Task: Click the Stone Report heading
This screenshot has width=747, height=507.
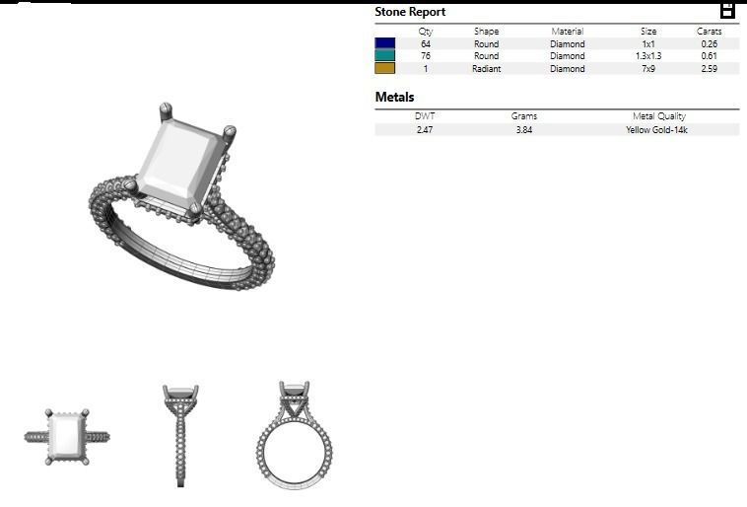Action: tap(410, 12)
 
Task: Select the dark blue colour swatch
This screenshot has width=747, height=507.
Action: tap(384, 44)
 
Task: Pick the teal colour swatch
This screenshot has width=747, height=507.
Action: tap(384, 56)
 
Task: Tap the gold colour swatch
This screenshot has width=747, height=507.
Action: tap(384, 69)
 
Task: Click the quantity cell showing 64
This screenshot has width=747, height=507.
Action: tap(426, 44)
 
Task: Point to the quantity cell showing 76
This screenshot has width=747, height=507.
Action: tap(426, 56)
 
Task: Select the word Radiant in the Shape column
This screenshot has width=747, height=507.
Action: tap(486, 69)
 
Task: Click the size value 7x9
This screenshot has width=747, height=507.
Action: tap(648, 69)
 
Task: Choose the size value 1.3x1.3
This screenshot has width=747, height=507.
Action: tap(648, 56)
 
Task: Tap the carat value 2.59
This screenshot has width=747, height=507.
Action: tap(709, 69)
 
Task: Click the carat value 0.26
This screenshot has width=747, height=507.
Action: tap(709, 44)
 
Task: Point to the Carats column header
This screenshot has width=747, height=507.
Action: tap(709, 32)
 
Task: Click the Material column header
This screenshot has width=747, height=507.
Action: tap(568, 32)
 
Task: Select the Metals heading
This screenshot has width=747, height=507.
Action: tap(394, 98)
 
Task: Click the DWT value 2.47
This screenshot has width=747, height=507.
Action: tap(425, 129)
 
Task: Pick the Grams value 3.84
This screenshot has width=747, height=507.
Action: tap(524, 129)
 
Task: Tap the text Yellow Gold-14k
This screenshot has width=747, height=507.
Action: tap(656, 129)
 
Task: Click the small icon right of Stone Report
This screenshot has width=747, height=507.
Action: tap(727, 11)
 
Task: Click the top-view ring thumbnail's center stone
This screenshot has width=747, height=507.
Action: tap(67, 435)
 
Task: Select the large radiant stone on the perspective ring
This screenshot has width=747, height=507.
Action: tap(183, 162)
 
